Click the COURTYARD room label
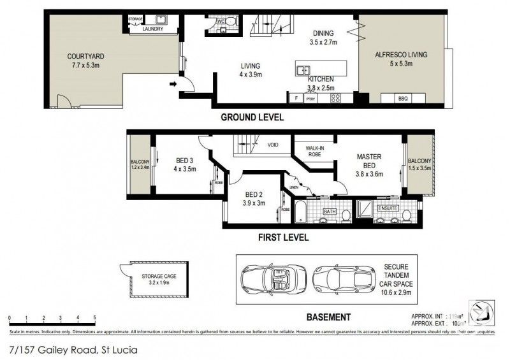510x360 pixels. tap(85, 56)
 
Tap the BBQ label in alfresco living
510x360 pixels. tap(402, 98)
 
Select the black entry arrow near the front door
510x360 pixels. tap(172, 83)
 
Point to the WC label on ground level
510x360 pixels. tap(221, 22)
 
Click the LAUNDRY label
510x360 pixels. tap(153, 29)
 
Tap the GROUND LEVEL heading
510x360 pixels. tap(252, 118)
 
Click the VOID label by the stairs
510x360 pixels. tap(273, 145)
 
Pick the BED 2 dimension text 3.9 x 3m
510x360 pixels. tap(254, 203)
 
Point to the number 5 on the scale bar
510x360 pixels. tap(94, 317)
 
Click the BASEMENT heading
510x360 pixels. tap(328, 317)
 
